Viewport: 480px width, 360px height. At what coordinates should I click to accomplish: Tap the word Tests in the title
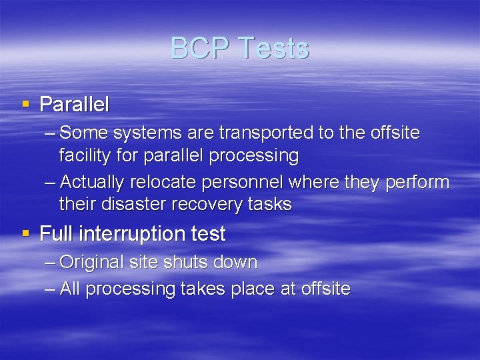273,48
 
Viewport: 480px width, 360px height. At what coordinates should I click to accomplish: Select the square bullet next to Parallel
25,104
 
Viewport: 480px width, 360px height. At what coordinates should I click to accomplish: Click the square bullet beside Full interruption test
25,233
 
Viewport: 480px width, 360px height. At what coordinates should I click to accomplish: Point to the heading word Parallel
75,105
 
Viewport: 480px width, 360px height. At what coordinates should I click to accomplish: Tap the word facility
86,156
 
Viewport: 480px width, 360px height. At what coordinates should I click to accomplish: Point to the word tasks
269,204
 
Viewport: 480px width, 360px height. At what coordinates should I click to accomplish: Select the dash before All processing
49,289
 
